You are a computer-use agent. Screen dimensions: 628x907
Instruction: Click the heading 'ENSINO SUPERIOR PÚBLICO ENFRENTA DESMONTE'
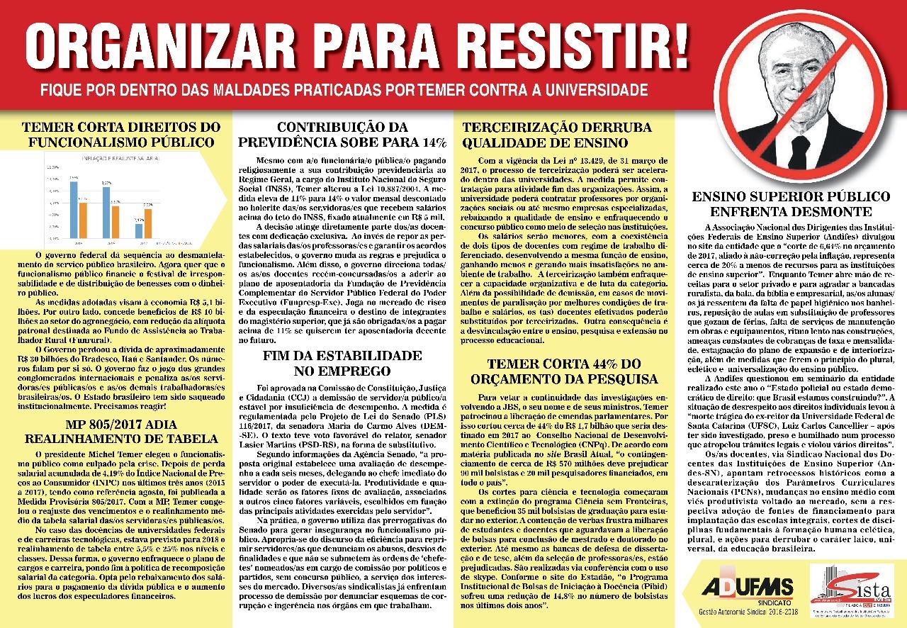pyautogui.click(x=791, y=203)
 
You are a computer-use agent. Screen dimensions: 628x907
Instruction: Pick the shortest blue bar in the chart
pyautogui.click(x=139, y=230)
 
